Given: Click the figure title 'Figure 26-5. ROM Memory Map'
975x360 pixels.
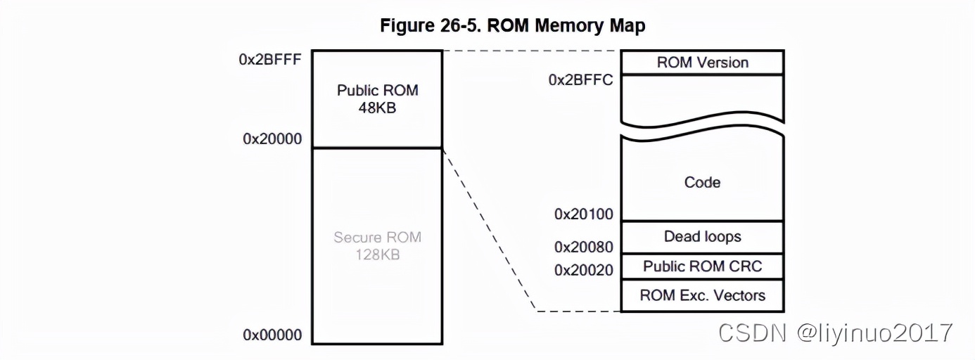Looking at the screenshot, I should pyautogui.click(x=512, y=26).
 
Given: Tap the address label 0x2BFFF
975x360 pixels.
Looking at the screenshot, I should pyautogui.click(x=270, y=59).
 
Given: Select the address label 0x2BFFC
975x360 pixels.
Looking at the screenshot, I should pyautogui.click(x=580, y=79).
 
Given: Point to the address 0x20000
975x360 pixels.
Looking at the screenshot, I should pyautogui.click(x=272, y=139).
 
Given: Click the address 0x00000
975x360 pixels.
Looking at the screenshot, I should pyautogui.click(x=272, y=335).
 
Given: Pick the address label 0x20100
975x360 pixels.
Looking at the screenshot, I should pyautogui.click(x=583, y=214).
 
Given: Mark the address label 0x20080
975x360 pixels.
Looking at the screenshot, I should pyautogui.click(x=583, y=247).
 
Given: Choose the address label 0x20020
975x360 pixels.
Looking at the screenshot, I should pyautogui.click(x=583, y=269).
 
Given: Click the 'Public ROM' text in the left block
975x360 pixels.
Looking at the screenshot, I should pyautogui.click(x=377, y=91).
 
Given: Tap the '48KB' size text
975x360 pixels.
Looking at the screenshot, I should pyautogui.click(x=377, y=109).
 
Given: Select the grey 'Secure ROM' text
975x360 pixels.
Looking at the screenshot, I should pyautogui.click(x=377, y=237).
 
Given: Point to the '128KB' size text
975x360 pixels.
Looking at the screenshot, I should pyautogui.click(x=377, y=255).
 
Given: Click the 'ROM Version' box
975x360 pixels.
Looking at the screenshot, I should pyautogui.click(x=702, y=63).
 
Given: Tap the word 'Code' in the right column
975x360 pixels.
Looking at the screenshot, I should pyautogui.click(x=702, y=182).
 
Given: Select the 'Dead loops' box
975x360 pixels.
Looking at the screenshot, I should pyautogui.click(x=702, y=237).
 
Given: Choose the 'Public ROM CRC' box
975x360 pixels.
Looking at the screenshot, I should pyautogui.click(x=702, y=266).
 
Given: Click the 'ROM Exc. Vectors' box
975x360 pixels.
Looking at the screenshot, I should pyautogui.click(x=702, y=295).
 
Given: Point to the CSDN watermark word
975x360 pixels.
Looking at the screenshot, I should pyautogui.click(x=751, y=333).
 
